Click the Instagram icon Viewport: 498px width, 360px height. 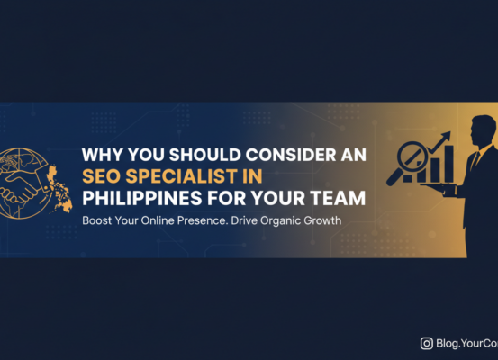427,343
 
